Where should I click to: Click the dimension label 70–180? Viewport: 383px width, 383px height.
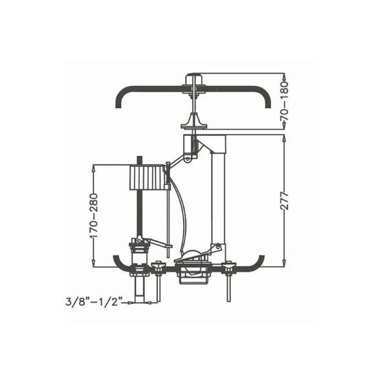(x=284, y=101)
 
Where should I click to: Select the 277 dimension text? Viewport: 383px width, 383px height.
(x=284, y=201)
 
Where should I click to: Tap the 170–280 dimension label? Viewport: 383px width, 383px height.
(x=94, y=215)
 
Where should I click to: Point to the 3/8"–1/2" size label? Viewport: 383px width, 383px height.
(x=94, y=301)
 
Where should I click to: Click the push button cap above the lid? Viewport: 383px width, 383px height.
(x=193, y=79)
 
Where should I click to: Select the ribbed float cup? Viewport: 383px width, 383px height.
(x=146, y=177)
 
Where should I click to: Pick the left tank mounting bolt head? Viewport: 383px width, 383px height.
(x=158, y=264)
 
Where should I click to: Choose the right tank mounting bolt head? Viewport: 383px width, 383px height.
(x=228, y=264)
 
